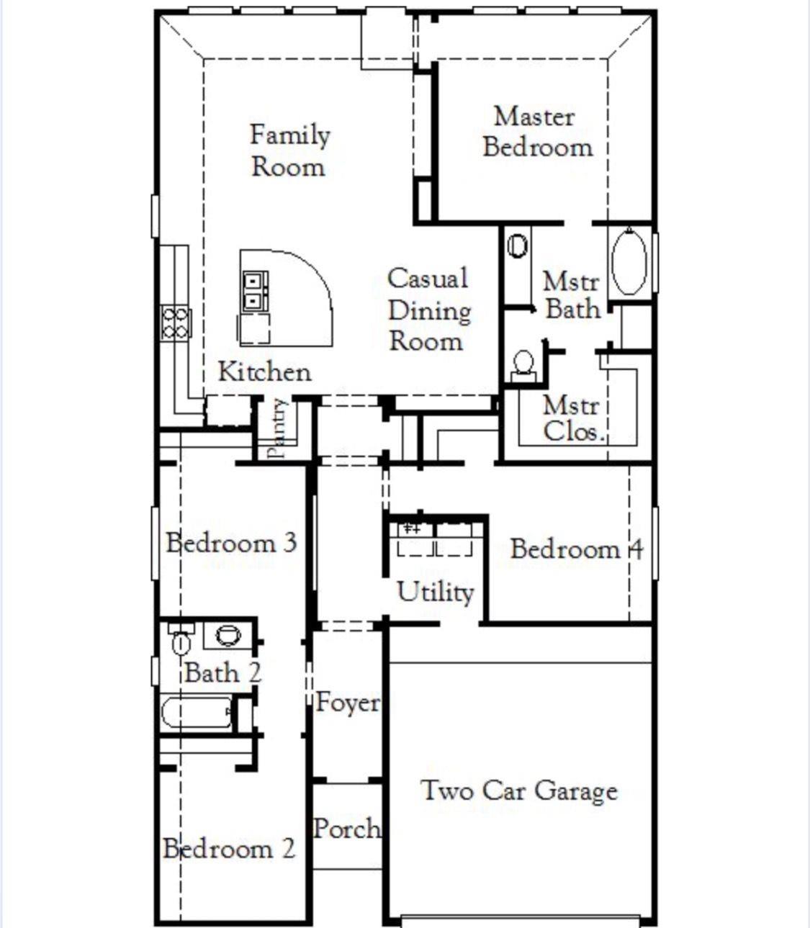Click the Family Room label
[x=289, y=150]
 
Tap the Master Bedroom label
[x=536, y=132]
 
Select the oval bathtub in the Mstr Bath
[x=629, y=261]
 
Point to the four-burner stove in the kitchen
[x=176, y=322]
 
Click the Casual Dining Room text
[x=428, y=310]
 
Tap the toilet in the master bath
[x=523, y=364]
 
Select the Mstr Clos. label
[x=572, y=418]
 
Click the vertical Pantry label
[x=277, y=428]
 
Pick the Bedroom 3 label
[x=231, y=542]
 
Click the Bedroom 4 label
[x=576, y=549]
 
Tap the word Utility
[x=435, y=592]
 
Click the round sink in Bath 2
[x=228, y=635]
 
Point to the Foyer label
[x=347, y=703]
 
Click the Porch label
[x=347, y=828]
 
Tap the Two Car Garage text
[x=519, y=790]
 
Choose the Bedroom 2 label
[x=229, y=848]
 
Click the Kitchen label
[x=264, y=372]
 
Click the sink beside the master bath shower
[x=517, y=246]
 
